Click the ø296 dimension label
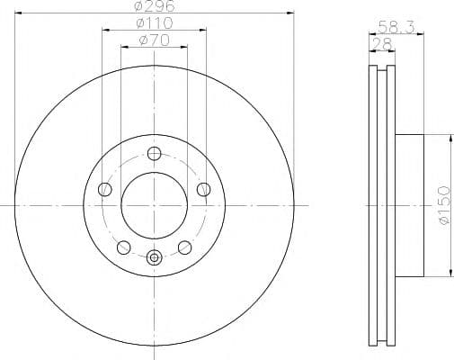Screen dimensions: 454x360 coord(155,6)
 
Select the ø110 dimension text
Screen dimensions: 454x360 coord(155,23)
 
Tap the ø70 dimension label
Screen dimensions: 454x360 coord(154,40)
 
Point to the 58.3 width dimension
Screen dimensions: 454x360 coord(396,27)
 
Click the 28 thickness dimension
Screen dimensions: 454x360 coord(381,44)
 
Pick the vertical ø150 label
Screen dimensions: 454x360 coord(444,205)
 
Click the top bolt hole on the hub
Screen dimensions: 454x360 coord(154,154)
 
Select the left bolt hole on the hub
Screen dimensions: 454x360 coord(105,189)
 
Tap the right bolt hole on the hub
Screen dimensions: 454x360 coord(203,189)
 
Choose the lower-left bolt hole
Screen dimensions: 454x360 coord(123,247)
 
